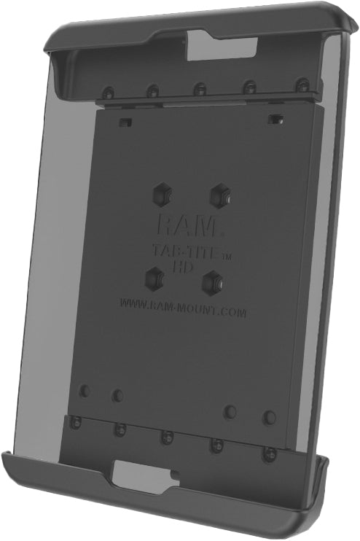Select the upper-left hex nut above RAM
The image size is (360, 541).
point(161,194)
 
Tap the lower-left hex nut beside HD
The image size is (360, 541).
point(154,278)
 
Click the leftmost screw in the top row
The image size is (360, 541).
point(109,93)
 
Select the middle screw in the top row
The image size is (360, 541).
point(199,89)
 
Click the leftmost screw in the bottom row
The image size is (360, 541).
point(75,422)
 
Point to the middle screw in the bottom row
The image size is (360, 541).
point(167,436)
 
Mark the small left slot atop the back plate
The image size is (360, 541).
point(125,119)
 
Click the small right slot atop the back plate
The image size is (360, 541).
point(275,116)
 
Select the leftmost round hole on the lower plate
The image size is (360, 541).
point(85,391)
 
